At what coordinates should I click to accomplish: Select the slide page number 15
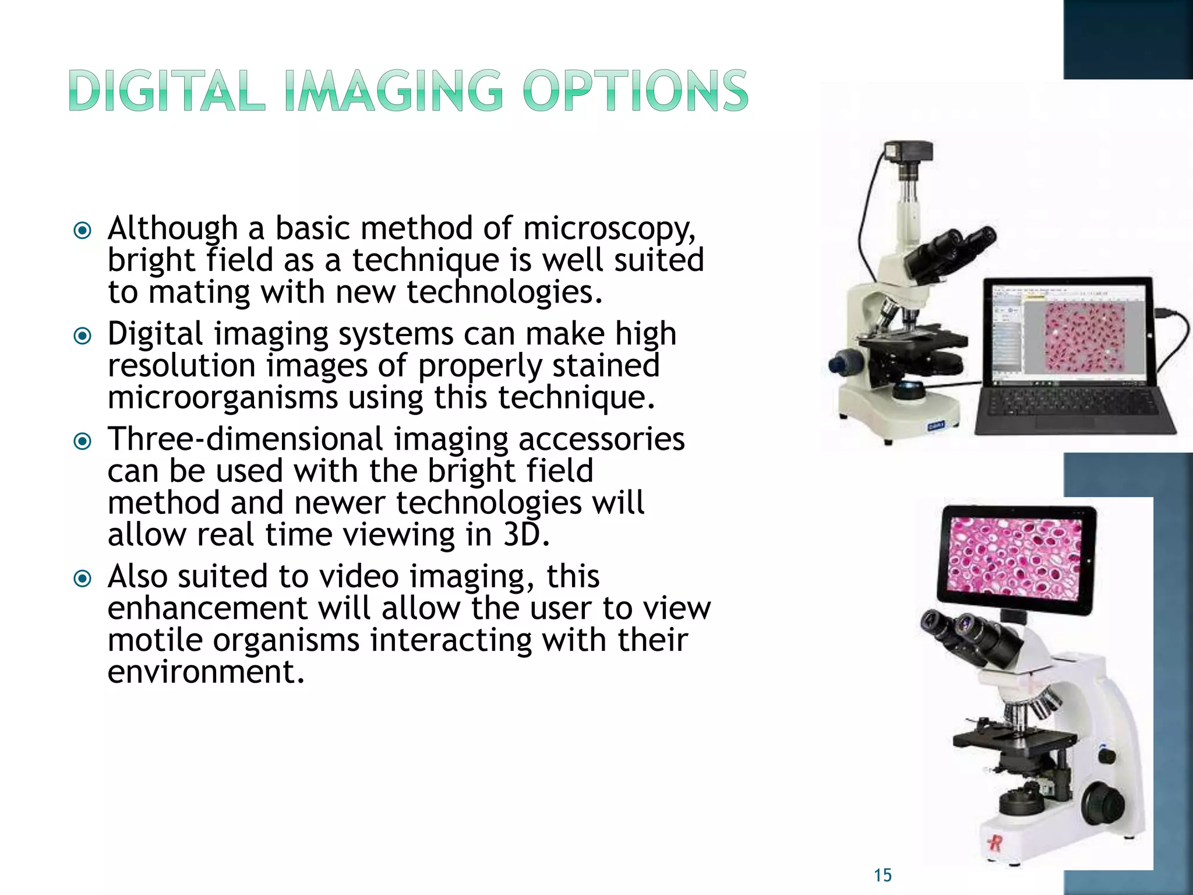(883, 875)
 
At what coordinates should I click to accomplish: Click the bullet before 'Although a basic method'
(83, 231)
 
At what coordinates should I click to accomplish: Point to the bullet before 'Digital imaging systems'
(83, 336)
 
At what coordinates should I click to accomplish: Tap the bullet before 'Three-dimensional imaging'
(83, 442)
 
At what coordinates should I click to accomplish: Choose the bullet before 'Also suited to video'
(83, 579)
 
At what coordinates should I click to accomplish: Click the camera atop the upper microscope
(909, 153)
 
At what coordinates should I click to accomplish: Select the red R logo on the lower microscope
(994, 843)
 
